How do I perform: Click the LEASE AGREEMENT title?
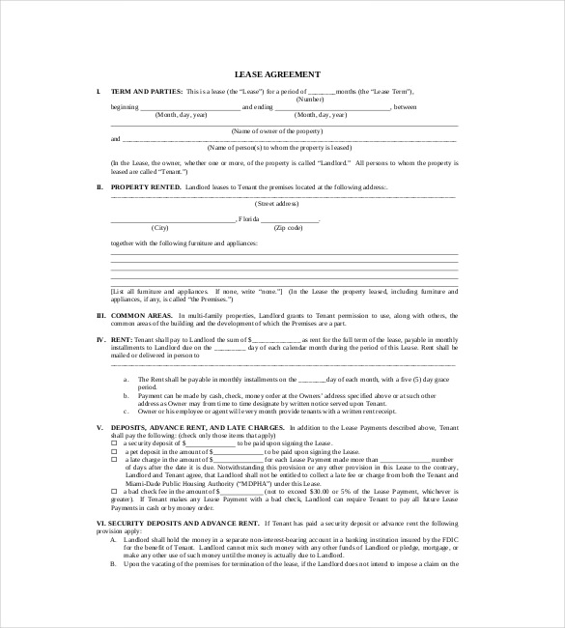click(278, 74)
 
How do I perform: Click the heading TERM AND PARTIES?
click(146, 91)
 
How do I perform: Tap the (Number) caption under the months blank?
click(310, 99)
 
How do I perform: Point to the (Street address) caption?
click(276, 204)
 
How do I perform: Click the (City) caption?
click(153, 227)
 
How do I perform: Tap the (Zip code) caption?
click(288, 227)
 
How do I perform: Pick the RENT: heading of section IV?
click(122, 339)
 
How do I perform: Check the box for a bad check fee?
click(114, 491)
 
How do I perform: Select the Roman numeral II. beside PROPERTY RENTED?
click(99, 186)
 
